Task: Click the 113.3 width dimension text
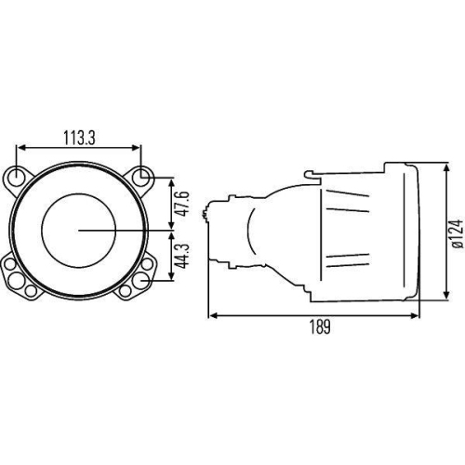[79, 137]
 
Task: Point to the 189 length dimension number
[318, 326]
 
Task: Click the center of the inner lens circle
[80, 228]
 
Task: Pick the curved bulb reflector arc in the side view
[251, 232]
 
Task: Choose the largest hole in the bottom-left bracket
[18, 279]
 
